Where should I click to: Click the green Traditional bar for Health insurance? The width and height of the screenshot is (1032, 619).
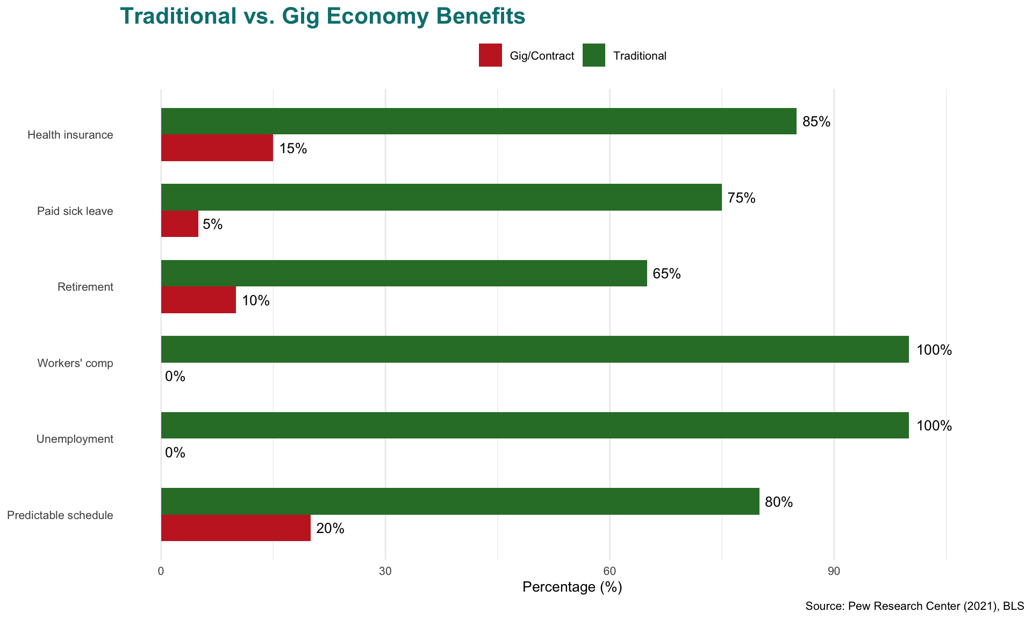478,121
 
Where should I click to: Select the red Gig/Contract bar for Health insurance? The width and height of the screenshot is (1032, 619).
217,148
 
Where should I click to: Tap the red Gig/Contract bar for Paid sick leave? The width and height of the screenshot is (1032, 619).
180,224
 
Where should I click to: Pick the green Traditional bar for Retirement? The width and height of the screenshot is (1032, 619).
404,273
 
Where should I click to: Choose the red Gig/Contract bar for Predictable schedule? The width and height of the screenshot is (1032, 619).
235,528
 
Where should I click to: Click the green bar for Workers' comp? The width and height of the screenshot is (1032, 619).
535,349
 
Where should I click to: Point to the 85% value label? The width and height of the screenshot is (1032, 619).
816,122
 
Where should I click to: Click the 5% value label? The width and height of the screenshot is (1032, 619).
212,224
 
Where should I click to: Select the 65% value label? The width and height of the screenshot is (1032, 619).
666,274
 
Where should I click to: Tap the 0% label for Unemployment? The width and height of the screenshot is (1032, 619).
175,453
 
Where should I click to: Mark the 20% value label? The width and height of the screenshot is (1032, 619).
330,529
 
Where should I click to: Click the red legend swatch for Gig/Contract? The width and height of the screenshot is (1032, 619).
490,55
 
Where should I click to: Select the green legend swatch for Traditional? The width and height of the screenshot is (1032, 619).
593,55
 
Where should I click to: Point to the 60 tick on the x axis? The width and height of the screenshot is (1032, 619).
610,571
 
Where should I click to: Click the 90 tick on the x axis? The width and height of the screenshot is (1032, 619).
834,571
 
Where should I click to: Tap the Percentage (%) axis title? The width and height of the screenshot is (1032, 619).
572,587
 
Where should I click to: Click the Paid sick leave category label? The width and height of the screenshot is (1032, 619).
75,211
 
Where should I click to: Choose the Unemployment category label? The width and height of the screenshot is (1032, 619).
75,439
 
